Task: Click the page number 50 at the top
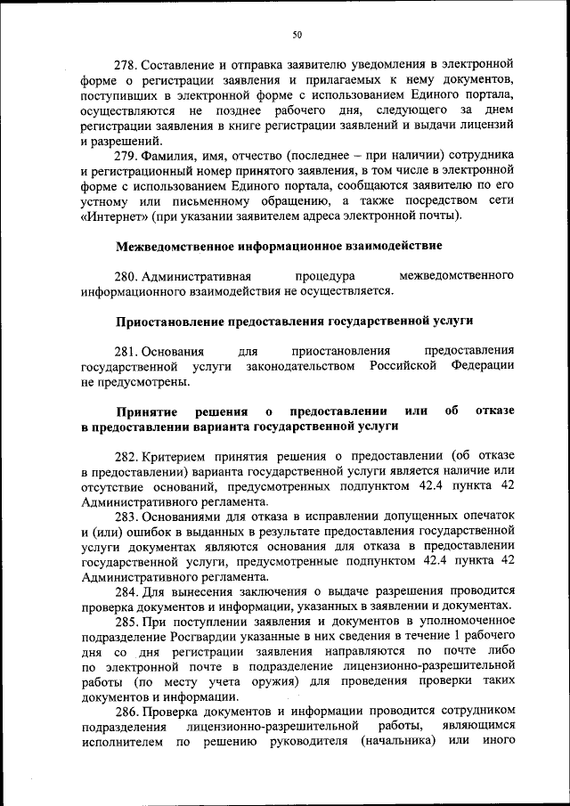[x=297, y=34]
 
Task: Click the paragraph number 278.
[x=127, y=65]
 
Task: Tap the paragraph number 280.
[x=127, y=275]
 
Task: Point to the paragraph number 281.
[x=127, y=350]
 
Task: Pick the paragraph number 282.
[x=127, y=455]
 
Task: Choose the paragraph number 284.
[x=127, y=590]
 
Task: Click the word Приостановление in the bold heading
[x=170, y=320]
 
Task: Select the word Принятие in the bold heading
[x=146, y=411]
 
